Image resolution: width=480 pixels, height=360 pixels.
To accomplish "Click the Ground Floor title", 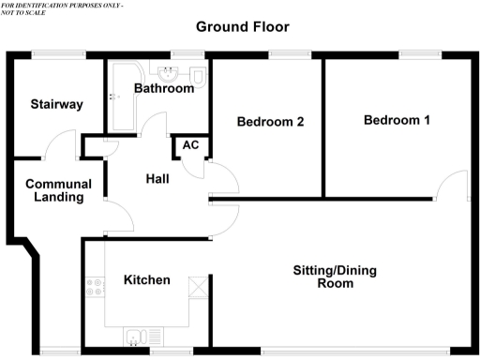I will click(x=242, y=26).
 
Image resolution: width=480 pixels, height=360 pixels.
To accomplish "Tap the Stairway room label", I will click(x=55, y=104).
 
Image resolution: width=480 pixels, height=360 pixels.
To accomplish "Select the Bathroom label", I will click(x=164, y=89).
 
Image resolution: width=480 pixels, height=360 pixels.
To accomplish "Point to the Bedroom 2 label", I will click(x=270, y=121).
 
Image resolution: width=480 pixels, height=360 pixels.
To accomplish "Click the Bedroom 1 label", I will click(x=397, y=120).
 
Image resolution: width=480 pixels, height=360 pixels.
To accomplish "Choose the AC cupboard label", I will click(x=190, y=145).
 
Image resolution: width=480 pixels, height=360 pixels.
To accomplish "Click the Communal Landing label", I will click(x=54, y=190).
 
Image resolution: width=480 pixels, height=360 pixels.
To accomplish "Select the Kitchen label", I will click(x=147, y=279).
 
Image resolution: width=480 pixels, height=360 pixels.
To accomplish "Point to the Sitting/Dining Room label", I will click(x=335, y=277).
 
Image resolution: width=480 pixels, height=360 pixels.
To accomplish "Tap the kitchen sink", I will click(x=135, y=337).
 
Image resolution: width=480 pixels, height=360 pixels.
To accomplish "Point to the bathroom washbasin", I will click(x=175, y=71).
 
